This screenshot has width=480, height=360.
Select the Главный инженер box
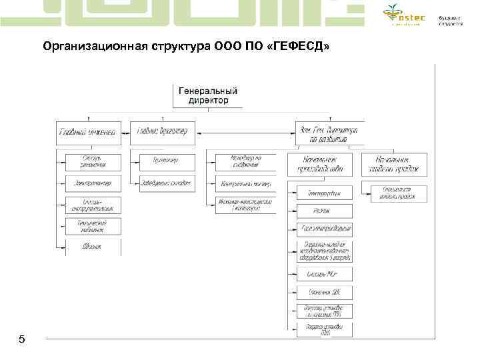(89, 133)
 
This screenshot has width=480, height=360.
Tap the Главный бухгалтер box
(163, 133)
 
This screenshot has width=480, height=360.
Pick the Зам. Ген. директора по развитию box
(329, 133)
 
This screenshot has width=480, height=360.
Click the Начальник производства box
(319, 165)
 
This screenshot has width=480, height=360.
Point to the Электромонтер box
(93, 182)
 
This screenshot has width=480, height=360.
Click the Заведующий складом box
(167, 182)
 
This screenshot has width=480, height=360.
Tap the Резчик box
(323, 211)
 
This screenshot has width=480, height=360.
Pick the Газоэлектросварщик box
(323, 229)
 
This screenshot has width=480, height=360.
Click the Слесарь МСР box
(323, 273)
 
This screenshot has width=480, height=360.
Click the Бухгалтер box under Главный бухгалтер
(167, 161)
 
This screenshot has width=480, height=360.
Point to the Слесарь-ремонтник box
(93, 161)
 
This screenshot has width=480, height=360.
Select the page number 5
(22, 340)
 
